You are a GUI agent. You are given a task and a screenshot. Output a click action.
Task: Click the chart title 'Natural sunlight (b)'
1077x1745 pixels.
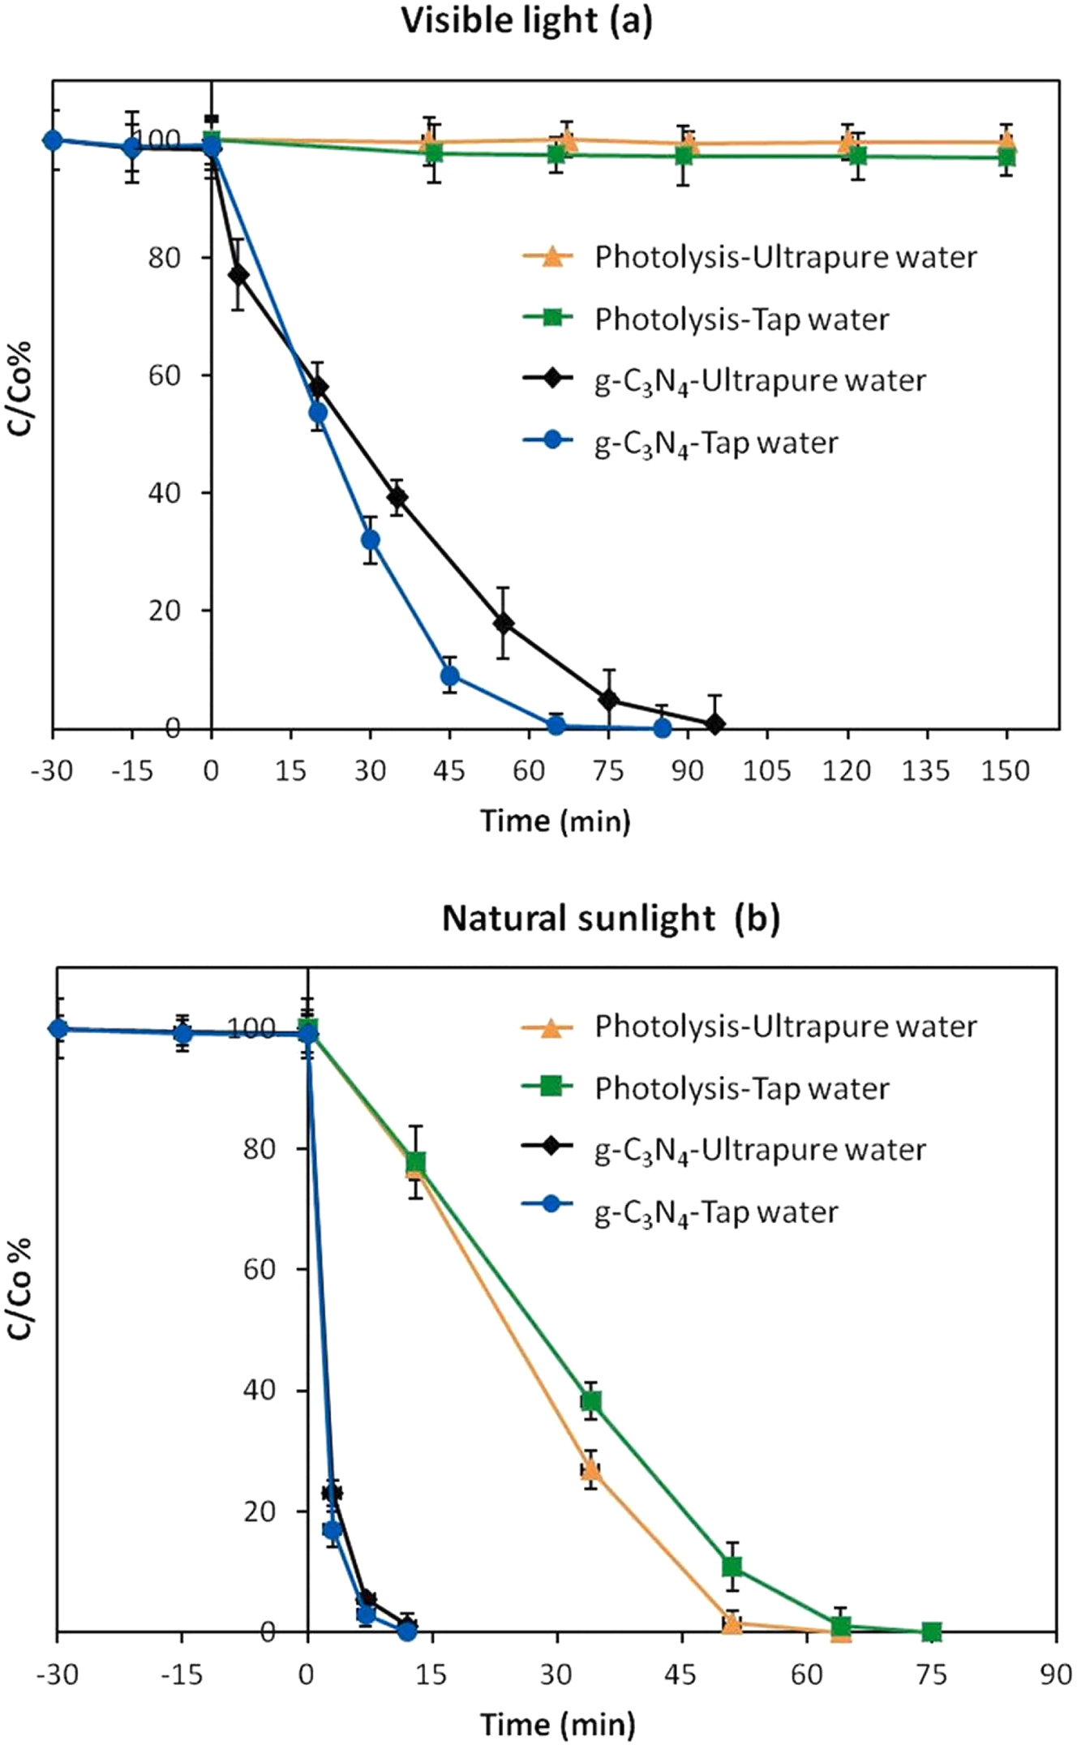click(610, 919)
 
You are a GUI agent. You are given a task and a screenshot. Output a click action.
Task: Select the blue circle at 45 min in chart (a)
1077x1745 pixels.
click(450, 675)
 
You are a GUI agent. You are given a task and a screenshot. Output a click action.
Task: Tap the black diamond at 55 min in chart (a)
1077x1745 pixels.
click(503, 623)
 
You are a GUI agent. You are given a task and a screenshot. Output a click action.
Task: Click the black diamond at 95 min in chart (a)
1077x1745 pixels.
click(714, 724)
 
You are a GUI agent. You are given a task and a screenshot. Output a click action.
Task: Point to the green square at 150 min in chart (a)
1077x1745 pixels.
click(1006, 156)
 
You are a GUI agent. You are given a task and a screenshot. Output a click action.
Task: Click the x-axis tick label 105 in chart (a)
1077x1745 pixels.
click(766, 770)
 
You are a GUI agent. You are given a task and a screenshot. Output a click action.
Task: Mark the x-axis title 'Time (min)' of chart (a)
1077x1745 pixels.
click(555, 821)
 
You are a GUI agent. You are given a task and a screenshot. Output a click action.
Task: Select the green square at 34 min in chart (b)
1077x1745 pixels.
click(591, 1401)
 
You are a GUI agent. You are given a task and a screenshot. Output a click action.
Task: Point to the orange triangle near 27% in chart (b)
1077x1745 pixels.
click(590, 1469)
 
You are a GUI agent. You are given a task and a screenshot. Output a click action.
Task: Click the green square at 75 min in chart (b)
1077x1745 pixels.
click(932, 1631)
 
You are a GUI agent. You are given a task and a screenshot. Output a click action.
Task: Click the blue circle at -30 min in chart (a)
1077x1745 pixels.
click(53, 139)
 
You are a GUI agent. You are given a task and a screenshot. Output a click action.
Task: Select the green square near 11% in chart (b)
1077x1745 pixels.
click(732, 1566)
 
